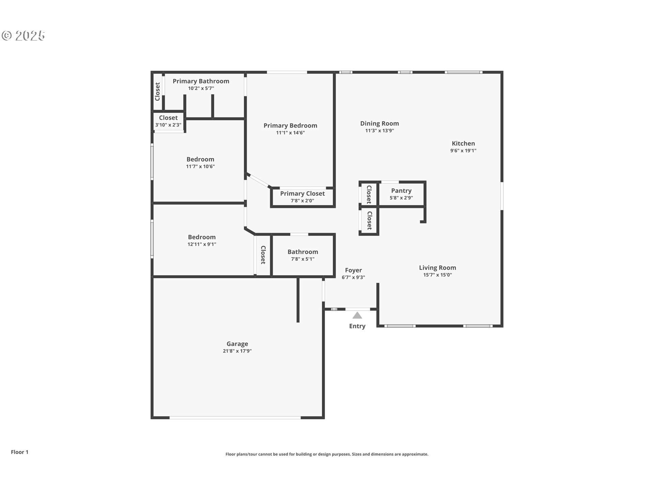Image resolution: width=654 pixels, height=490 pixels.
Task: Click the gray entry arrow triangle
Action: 357,315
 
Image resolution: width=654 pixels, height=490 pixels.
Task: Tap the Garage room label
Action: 237,344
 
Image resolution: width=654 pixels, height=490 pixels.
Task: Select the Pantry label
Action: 401,191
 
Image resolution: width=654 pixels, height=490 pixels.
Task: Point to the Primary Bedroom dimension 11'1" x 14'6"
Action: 290,133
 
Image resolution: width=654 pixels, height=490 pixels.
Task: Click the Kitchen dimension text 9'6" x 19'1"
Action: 463,150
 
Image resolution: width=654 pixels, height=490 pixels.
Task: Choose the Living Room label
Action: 437,268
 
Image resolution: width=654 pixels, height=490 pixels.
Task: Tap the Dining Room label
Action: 379,124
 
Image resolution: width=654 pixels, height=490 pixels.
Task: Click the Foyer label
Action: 353,270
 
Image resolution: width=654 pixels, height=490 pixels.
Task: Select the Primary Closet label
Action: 302,194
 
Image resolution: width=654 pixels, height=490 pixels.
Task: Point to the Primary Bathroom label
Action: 201,81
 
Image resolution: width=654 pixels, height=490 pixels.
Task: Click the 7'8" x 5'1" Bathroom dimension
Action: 302,259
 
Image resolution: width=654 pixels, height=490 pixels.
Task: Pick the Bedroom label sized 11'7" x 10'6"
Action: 200,159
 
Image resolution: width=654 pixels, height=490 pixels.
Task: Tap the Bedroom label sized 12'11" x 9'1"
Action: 202,237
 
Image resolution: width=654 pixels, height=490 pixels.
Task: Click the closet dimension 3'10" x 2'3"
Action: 168,125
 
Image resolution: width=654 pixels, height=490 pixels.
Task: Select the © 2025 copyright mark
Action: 23,35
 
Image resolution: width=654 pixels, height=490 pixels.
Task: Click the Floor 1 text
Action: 19,452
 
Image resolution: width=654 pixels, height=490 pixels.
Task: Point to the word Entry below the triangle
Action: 357,326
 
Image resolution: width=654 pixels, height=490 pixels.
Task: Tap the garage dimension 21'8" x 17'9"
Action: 237,351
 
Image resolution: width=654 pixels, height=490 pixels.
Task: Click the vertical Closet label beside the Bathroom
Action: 263,255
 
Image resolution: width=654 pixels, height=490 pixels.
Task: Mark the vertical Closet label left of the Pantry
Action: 369,194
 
